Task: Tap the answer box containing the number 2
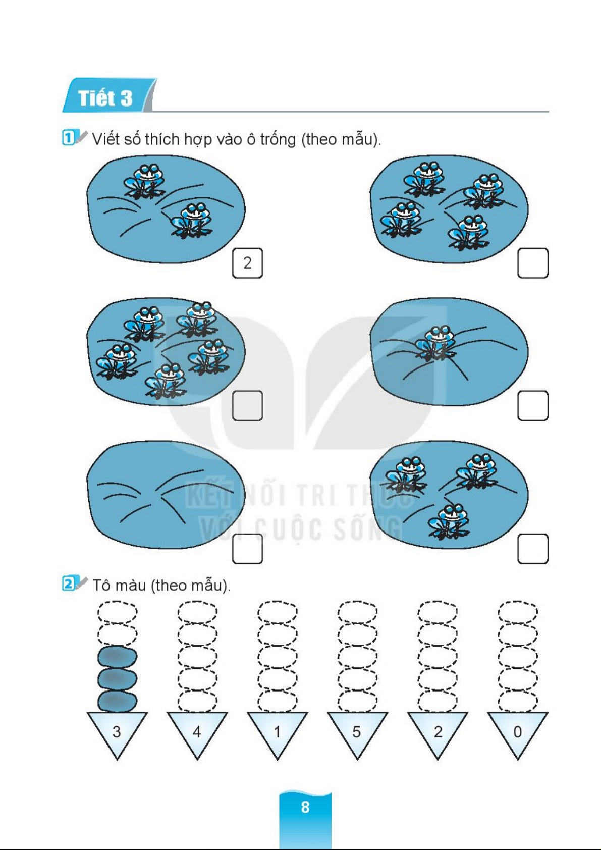[x=247, y=263]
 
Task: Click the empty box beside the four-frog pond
[x=533, y=263]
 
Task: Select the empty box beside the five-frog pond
[x=247, y=406]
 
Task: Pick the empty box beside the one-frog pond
[x=533, y=406]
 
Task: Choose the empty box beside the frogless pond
[x=247, y=549]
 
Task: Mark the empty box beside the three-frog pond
[x=533, y=549]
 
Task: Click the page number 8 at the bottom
[x=305, y=807]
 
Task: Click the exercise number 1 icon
[x=68, y=138]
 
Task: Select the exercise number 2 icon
[x=68, y=583]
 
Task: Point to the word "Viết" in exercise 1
[x=105, y=139]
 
